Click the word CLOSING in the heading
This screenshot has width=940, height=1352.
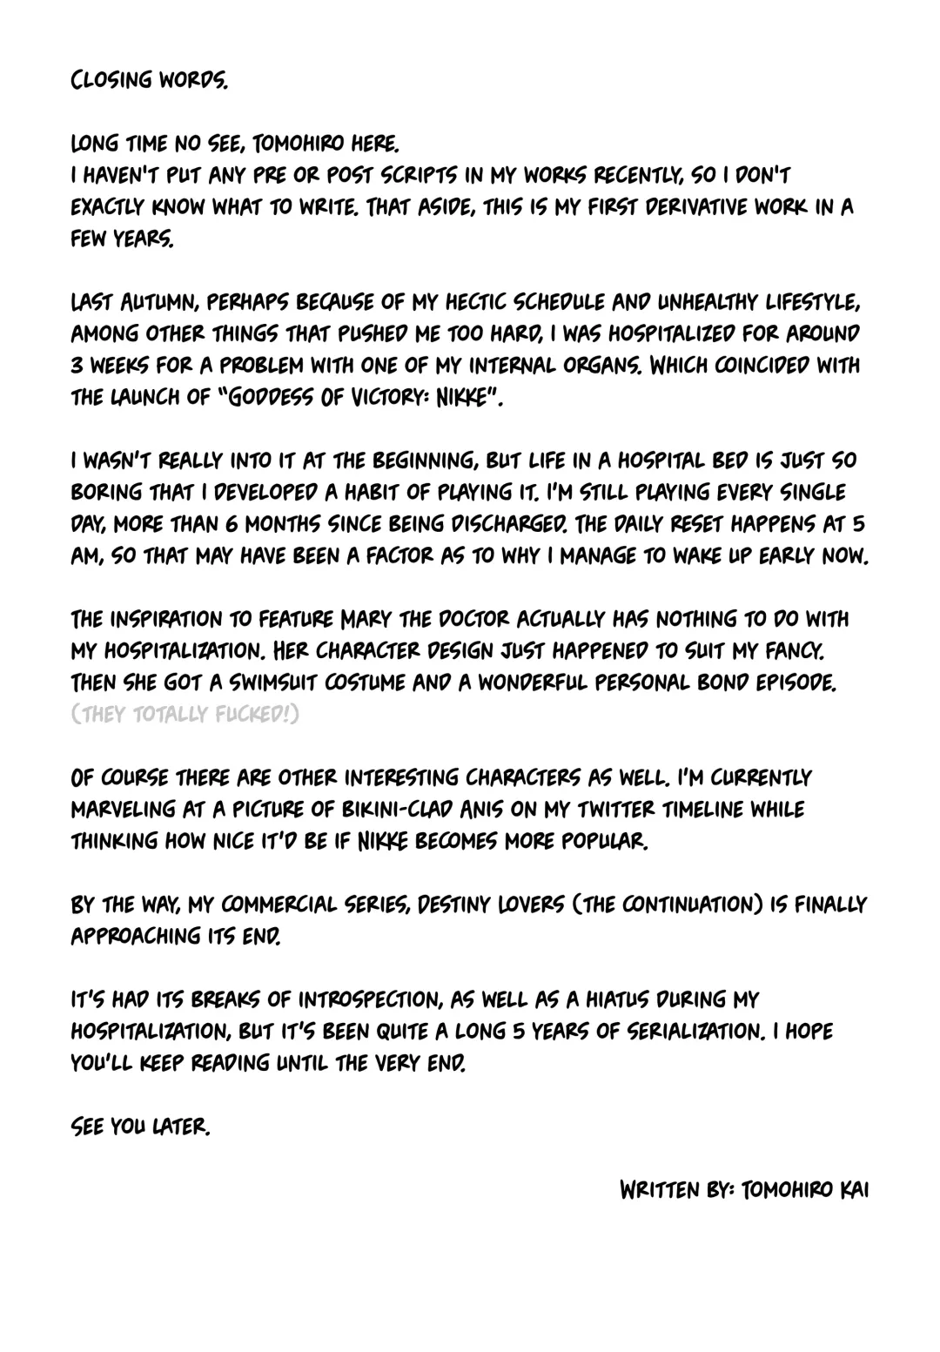[x=111, y=81]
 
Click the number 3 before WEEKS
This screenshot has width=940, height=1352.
[x=76, y=366]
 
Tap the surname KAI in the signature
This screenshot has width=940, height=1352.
[x=852, y=1190]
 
